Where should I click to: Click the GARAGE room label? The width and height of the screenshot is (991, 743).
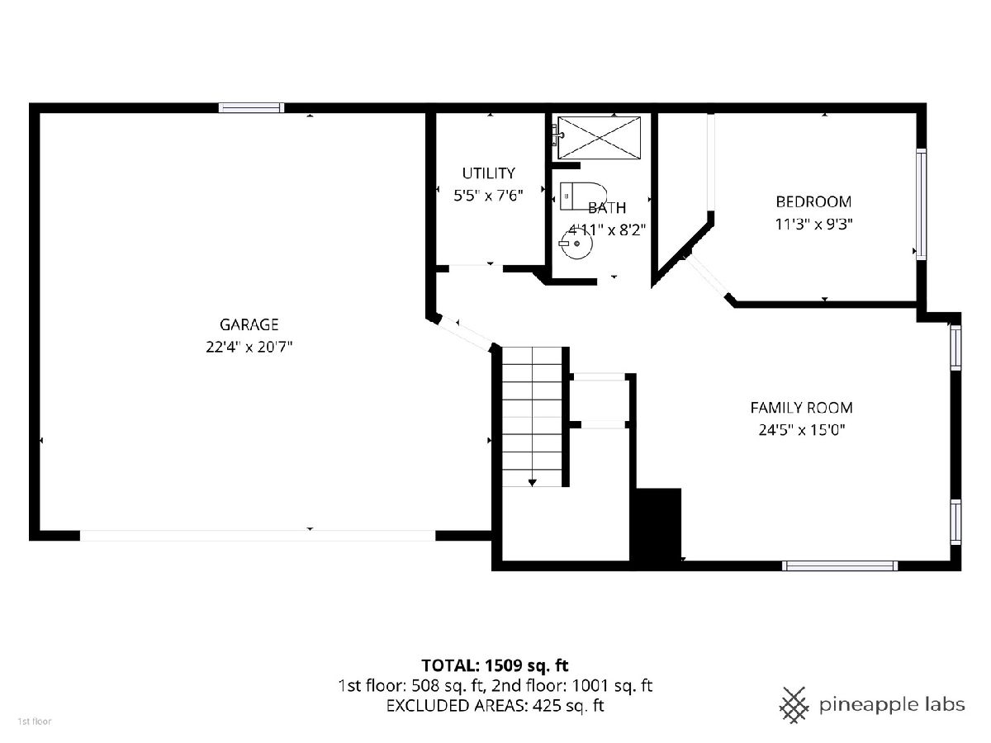coord(249,324)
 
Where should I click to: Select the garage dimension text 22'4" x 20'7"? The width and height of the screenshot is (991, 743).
coord(249,347)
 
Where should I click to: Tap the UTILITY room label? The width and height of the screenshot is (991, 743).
coord(489,173)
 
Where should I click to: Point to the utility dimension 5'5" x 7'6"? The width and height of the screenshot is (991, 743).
coord(488,196)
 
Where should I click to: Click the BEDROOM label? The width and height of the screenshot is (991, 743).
coord(813,201)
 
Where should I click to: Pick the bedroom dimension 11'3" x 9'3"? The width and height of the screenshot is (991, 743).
coord(813,225)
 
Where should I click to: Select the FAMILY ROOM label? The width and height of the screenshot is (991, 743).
coord(801,408)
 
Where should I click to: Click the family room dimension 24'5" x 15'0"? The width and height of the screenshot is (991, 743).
coord(801,430)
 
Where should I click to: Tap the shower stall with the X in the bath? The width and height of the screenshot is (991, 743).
coord(599,138)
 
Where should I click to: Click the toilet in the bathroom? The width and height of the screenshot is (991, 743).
coord(583,196)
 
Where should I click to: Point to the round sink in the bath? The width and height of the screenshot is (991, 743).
coord(577,244)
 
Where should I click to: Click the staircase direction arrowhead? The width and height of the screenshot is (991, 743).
coord(533,483)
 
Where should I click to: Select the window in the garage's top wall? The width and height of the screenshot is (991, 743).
coord(252,107)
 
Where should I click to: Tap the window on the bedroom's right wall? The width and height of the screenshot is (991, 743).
coord(921,204)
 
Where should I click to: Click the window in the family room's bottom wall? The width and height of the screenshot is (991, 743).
coord(840,566)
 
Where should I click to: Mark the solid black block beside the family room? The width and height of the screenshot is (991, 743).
coord(656,528)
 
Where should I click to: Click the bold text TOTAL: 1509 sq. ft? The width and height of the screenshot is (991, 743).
coord(495,665)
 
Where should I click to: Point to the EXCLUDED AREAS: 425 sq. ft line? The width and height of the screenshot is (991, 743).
coord(495,706)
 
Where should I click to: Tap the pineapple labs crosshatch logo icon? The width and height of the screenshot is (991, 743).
coord(794,705)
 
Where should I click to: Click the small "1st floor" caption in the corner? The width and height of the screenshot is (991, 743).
coord(35,722)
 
